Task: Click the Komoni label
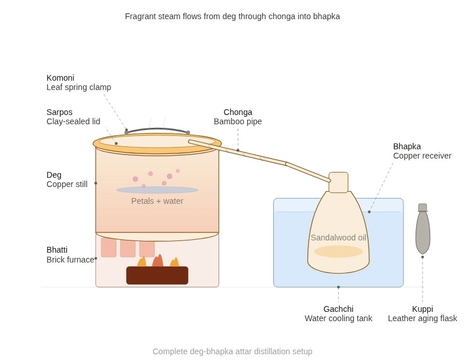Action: click(x=60, y=78)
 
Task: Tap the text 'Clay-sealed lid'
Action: click(x=73, y=121)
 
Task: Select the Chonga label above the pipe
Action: click(x=238, y=112)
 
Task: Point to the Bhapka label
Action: click(x=407, y=146)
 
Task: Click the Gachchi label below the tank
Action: click(x=338, y=309)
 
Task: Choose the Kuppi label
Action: click(x=423, y=309)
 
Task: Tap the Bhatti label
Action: click(x=57, y=250)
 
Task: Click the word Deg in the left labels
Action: click(x=54, y=175)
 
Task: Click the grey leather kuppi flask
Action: click(x=423, y=232)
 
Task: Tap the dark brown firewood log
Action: click(x=157, y=275)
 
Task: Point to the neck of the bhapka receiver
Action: click(x=338, y=182)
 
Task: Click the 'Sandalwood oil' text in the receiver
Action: click(x=338, y=238)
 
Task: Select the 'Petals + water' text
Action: click(x=157, y=201)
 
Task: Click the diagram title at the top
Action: click(x=233, y=16)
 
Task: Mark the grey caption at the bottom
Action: click(x=233, y=351)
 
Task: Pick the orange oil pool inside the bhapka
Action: click(x=338, y=251)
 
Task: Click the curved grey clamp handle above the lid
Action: click(x=157, y=130)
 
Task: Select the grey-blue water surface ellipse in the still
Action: click(x=157, y=190)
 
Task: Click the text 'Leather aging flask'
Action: click(x=423, y=318)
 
